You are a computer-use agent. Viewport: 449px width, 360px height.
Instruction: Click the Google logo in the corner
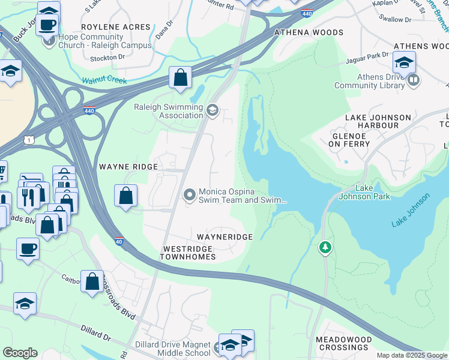[20, 353]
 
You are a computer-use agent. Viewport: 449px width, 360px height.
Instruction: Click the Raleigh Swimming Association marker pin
[212, 110]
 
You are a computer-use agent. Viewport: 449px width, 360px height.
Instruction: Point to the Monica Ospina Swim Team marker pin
[190, 195]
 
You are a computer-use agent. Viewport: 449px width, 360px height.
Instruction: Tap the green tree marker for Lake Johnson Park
[325, 247]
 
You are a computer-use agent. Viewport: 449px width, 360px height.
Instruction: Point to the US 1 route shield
[28, 139]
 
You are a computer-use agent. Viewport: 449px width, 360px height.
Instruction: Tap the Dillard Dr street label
[96, 333]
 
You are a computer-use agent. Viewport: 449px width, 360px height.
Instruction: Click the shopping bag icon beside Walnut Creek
[180, 77]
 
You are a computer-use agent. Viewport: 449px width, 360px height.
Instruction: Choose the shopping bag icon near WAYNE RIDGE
[125, 195]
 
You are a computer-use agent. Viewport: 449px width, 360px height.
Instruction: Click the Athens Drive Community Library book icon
[413, 80]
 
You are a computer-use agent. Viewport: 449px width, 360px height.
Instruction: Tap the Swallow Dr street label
[396, 19]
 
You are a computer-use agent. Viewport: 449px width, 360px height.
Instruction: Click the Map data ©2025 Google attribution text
[412, 355]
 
